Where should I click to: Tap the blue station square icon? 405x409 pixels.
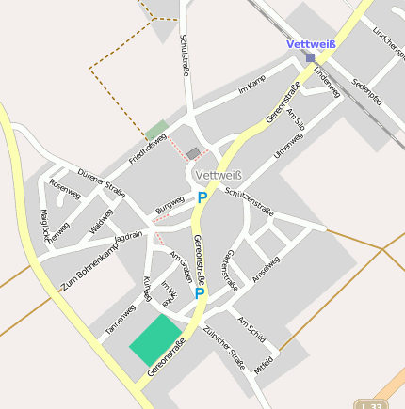(310, 57)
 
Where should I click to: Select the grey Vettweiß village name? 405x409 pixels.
(218, 175)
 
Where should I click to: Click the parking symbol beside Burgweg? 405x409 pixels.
(202, 197)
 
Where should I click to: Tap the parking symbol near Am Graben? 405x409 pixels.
(200, 293)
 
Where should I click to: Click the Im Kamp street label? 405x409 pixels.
(253, 87)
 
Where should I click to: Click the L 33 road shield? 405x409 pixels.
(367, 403)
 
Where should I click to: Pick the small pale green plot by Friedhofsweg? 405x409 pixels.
(156, 130)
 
